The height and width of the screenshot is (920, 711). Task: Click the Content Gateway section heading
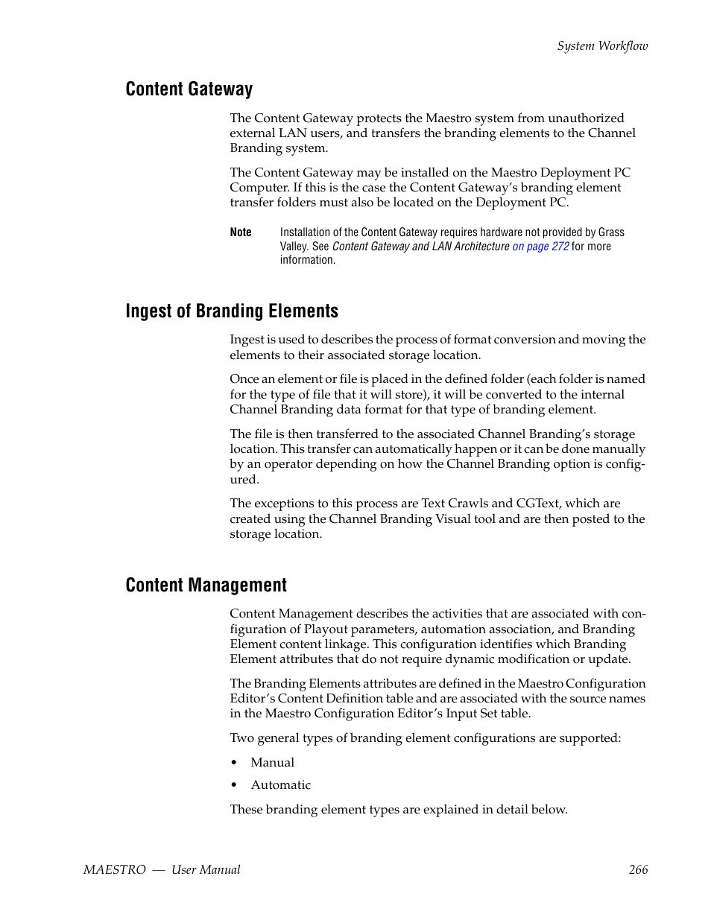point(189,89)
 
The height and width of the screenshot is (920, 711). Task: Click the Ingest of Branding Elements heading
point(232,311)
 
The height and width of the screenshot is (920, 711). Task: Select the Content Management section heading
point(206,586)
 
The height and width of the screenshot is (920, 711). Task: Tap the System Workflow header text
point(602,46)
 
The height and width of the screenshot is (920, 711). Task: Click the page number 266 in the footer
point(638,870)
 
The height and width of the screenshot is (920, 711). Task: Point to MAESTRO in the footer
point(115,870)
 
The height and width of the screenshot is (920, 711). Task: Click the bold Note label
point(241,232)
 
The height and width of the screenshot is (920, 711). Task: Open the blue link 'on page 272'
point(540,247)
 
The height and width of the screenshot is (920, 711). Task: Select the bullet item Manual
point(272,763)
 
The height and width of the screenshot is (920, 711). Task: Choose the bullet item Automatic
point(280,785)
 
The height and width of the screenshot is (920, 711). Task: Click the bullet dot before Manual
point(234,763)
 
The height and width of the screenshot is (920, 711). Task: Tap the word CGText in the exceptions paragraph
point(537,504)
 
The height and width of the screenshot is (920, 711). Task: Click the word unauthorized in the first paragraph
point(586,118)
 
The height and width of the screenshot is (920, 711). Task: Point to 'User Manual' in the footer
point(206,870)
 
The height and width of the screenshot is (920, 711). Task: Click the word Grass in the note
point(611,232)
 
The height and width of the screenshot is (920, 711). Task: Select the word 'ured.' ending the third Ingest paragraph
point(244,480)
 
